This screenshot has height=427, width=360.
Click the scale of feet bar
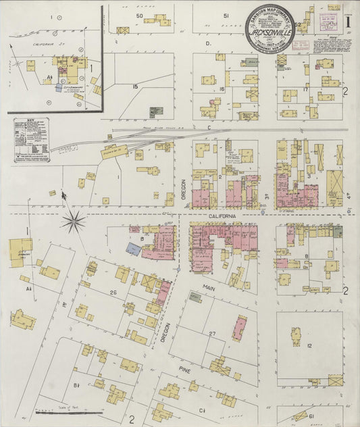[x=68, y=410]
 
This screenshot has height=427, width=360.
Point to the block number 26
[x=113, y=293]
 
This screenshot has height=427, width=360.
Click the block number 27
[x=212, y=334]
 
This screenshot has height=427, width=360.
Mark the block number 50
[x=140, y=15]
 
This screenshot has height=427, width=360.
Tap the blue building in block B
[x=133, y=249]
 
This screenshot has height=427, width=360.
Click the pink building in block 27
[x=239, y=328]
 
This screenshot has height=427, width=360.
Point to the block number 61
[x=311, y=416]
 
